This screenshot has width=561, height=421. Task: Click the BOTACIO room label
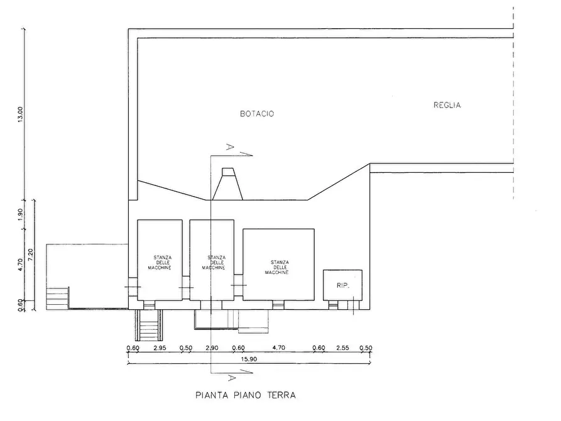[x=257, y=114]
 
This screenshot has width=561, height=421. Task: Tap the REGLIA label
[x=447, y=106]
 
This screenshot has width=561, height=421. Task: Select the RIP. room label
[x=343, y=286]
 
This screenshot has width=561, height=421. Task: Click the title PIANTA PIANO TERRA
[x=246, y=395]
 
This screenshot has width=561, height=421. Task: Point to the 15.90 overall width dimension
[x=249, y=359]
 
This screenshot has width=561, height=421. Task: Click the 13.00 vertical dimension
[x=20, y=114]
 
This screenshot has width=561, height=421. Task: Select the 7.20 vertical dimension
[x=30, y=255]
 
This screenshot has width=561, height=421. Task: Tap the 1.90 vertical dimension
[x=20, y=214]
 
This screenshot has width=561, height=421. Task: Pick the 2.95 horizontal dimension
[x=160, y=347]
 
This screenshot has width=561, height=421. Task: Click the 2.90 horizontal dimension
[x=212, y=347]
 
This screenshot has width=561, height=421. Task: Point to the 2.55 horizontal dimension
[x=342, y=347]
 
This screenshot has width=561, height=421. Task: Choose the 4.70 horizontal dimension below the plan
[x=279, y=347]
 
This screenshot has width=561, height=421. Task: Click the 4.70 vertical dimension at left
[x=20, y=265]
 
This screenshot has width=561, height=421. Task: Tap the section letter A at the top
[x=230, y=147]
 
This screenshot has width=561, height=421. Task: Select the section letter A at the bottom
[x=231, y=378]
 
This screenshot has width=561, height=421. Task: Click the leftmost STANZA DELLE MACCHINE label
[x=160, y=263]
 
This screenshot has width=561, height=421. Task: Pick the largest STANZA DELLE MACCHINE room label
[x=277, y=268]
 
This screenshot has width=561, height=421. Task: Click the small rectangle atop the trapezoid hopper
[x=228, y=172]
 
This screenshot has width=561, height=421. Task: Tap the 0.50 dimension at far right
[x=366, y=347]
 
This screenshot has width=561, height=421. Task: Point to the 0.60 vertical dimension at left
[x=20, y=305]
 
